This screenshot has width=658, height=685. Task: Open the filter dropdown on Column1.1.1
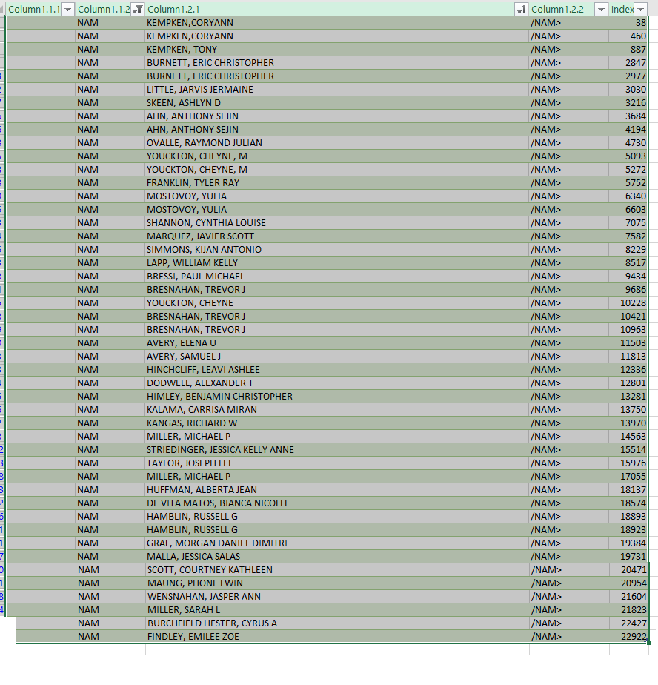coord(68,9)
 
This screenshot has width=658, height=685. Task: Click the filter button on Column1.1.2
coord(138,9)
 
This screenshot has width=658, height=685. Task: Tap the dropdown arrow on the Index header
coord(642,9)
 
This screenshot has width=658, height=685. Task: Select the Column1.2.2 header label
coord(558,9)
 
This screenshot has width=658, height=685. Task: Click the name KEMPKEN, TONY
coord(182,50)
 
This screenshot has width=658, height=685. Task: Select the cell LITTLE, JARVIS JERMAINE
coord(199,90)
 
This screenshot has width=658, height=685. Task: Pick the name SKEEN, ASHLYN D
coord(183,103)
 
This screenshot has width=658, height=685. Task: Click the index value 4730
coord(635,143)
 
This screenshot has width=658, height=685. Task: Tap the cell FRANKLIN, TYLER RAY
coord(193,183)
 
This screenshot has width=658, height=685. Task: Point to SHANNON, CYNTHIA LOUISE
coord(206,223)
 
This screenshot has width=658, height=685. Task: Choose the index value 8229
coord(635,250)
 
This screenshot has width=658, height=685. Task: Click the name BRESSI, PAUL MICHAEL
coord(196,277)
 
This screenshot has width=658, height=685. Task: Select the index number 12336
coord(633,370)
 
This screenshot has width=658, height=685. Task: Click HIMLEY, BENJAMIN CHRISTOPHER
coord(219,397)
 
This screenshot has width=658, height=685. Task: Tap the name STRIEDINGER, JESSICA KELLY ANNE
coord(220,450)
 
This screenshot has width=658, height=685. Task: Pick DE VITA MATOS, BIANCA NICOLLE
coord(218,503)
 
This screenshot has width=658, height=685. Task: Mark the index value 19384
coord(633,543)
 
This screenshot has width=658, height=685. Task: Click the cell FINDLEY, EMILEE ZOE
coord(193,637)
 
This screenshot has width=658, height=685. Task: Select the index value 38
coord(640,23)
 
